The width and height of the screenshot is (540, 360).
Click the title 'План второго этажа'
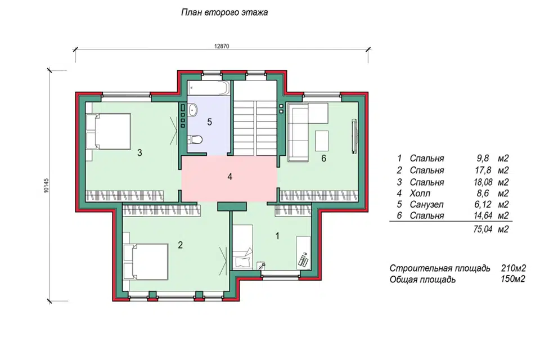pos(224,13)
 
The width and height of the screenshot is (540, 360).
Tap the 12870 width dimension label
pos(222,47)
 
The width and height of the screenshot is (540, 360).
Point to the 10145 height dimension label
pos(47,185)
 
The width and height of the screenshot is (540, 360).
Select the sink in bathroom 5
pos(192,110)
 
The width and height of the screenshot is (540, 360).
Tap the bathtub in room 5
pos(209,88)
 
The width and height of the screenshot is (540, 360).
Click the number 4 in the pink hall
pos(229,177)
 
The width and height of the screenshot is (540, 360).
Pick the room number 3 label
pos(139,152)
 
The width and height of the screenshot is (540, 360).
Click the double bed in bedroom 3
pos(109,132)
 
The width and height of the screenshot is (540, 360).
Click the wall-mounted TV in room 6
pos(354,136)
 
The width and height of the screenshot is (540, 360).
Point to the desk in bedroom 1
pos(303,253)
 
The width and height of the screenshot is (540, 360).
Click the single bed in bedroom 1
pos(243,247)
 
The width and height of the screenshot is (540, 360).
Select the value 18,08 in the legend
pos(483,182)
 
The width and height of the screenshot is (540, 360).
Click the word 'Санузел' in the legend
pos(426,204)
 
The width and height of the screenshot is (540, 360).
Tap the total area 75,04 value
pos(483,229)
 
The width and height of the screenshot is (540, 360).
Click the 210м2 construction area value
pos(514,268)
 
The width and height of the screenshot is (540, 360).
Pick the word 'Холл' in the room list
pos(420,193)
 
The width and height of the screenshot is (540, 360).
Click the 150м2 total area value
pos(513,278)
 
